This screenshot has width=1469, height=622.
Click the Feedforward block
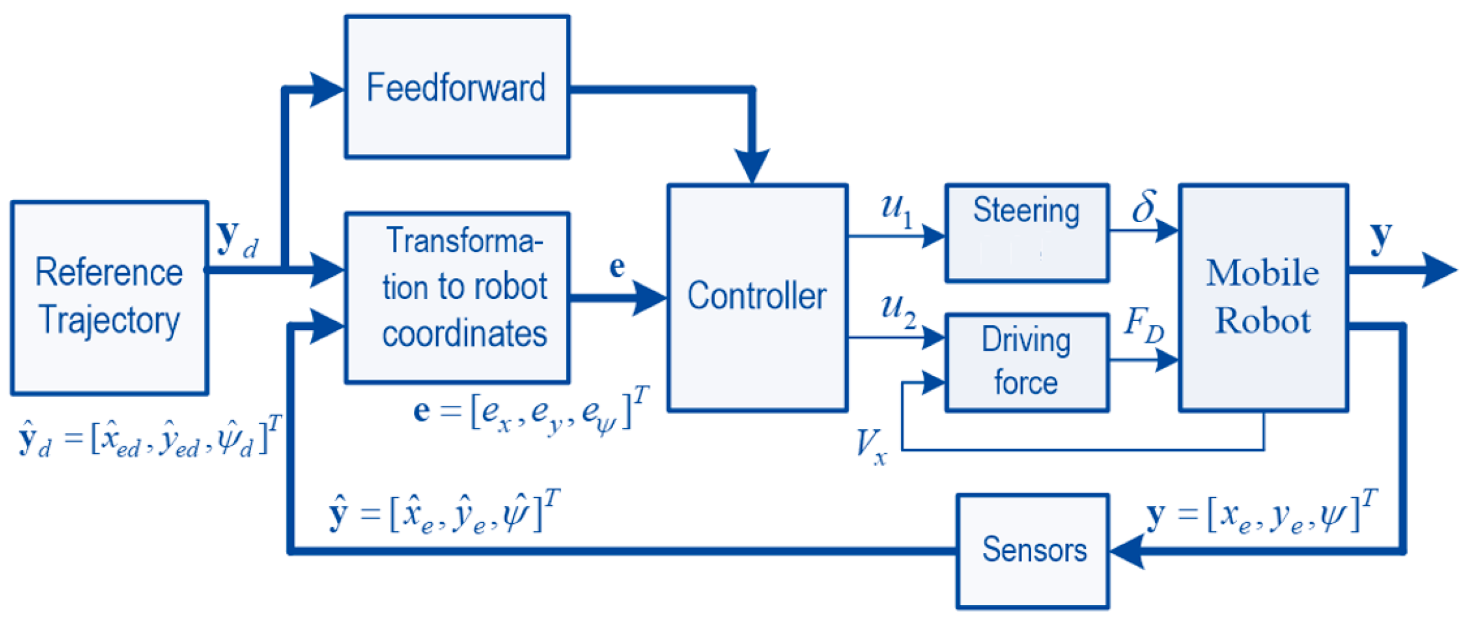(x=456, y=87)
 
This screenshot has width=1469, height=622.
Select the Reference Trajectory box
(x=109, y=297)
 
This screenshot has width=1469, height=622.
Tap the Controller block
(x=757, y=297)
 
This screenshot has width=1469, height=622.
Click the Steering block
(x=1026, y=232)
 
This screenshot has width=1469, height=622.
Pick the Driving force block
(x=1026, y=362)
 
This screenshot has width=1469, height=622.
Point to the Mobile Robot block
(x=1263, y=297)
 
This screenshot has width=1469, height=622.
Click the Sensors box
(x=1033, y=550)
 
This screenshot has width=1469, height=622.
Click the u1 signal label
(x=897, y=210)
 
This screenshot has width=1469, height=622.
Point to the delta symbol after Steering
(x=1143, y=207)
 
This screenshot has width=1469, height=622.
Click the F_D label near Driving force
(x=1143, y=324)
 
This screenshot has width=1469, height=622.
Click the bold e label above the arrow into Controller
(x=617, y=266)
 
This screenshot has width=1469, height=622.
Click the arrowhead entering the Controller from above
(x=752, y=166)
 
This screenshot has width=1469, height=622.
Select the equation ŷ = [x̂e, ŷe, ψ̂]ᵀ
(x=444, y=513)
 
